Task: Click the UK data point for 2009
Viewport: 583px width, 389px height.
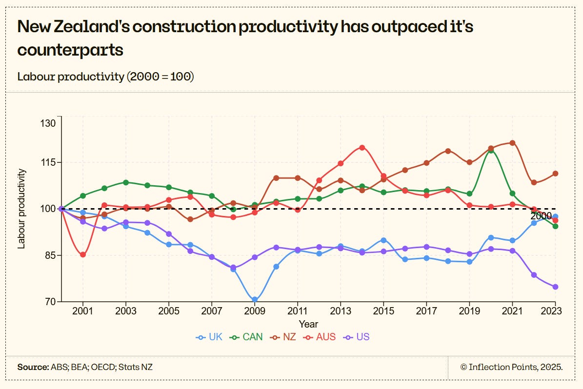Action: [255, 299]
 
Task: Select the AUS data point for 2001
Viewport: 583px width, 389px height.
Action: [83, 254]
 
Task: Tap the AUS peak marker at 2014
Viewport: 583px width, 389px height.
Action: [362, 147]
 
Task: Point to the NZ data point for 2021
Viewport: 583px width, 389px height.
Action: [512, 143]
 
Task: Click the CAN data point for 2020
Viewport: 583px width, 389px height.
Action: [491, 150]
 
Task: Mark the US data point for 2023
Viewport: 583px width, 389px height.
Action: [555, 287]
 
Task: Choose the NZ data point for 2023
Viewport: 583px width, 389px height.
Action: [555, 174]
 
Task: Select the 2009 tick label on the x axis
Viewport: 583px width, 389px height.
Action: [255, 311]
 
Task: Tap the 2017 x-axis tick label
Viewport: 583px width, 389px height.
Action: [426, 311]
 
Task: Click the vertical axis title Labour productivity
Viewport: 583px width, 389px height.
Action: [21, 209]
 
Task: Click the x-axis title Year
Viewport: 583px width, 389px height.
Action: [308, 324]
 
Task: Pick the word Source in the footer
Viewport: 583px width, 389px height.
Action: [33, 367]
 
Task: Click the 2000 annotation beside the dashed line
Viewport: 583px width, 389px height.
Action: [541, 216]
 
